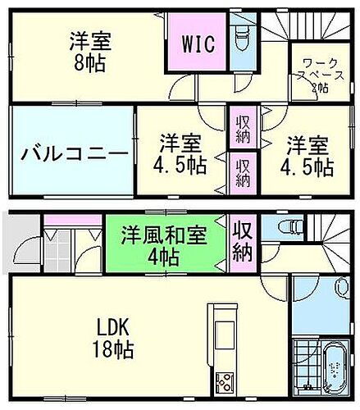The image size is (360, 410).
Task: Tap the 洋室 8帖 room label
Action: (91, 50)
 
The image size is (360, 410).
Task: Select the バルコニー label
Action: (73, 153)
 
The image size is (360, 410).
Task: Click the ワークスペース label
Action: (312, 74)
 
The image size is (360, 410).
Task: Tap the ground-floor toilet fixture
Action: (289, 226)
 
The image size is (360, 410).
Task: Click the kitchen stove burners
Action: (224, 382)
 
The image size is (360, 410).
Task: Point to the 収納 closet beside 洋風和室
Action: (241, 239)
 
